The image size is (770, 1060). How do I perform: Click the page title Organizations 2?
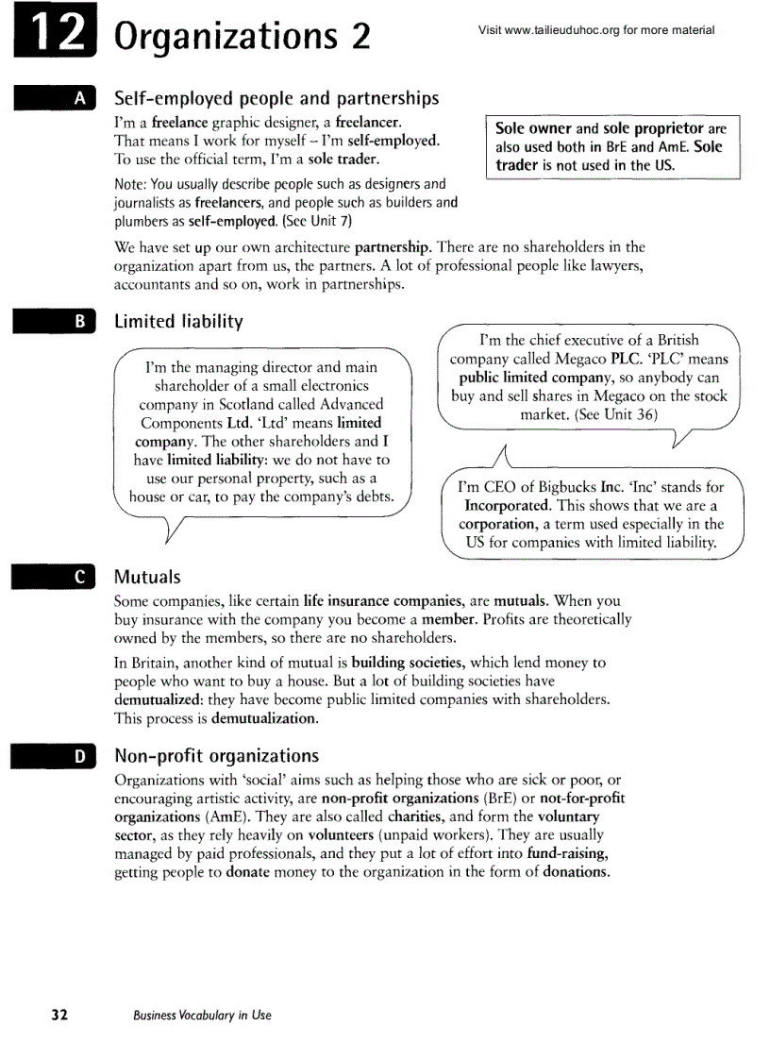coord(242,39)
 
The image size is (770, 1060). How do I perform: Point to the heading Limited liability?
coord(178,321)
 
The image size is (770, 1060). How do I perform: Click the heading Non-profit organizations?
coord(216,755)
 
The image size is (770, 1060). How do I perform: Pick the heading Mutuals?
coord(147,576)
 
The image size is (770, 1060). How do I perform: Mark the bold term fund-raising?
coord(567,852)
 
